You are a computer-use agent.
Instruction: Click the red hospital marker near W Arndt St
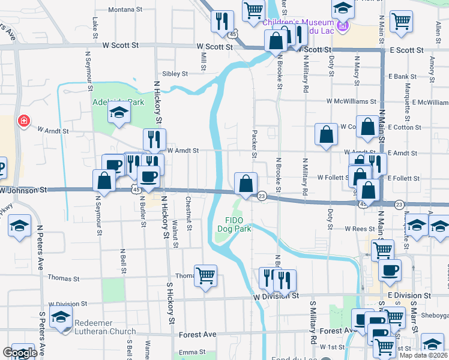coord(24,121)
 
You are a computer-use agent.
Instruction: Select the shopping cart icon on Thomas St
coord(205,275)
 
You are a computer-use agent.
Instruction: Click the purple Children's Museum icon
coord(343,25)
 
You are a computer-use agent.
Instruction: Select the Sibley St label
coord(175,74)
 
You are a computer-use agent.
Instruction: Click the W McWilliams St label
coord(351,102)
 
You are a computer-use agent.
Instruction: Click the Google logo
coord(20,353)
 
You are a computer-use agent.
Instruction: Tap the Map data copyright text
coord(424,355)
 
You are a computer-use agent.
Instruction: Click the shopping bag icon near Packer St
coord(246,183)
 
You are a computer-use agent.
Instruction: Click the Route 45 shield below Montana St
coord(232,35)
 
